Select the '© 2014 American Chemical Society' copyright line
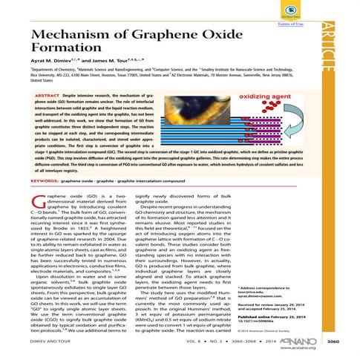tap(286, 329)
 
